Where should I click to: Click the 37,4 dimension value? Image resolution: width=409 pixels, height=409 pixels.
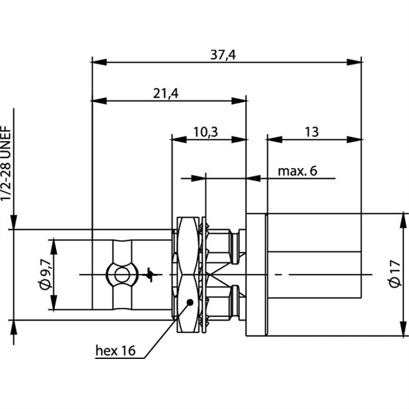[x=223, y=55]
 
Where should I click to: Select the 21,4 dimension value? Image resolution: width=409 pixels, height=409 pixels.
[x=166, y=93]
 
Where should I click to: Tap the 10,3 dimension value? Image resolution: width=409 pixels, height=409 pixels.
[x=206, y=132]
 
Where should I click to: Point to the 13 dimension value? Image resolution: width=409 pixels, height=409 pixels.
[x=312, y=132]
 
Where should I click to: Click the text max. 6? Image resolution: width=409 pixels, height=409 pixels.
[x=298, y=171]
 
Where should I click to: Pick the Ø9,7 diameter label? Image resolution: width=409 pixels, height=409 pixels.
[x=45, y=274]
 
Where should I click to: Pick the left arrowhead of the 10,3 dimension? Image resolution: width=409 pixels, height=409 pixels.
[x=180, y=139]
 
